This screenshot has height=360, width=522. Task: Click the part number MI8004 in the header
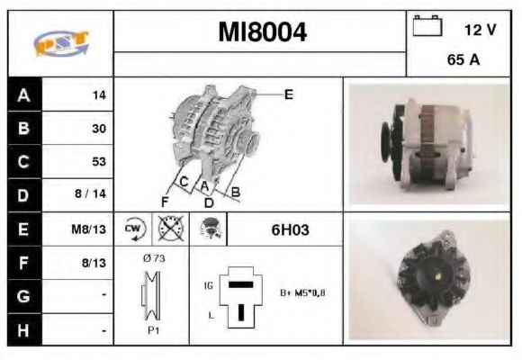click(x=262, y=33)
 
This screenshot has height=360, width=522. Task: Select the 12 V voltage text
click(x=480, y=29)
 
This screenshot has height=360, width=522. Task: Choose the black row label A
click(x=23, y=94)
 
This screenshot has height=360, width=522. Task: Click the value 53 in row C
click(x=99, y=162)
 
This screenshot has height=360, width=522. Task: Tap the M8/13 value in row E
click(x=90, y=229)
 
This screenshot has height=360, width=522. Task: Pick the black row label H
click(x=23, y=330)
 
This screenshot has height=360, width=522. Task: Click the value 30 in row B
click(x=99, y=128)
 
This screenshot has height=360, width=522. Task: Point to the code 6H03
click(x=290, y=229)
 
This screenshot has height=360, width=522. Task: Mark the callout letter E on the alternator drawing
click(x=288, y=94)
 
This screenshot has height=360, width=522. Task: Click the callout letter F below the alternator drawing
click(x=165, y=200)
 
